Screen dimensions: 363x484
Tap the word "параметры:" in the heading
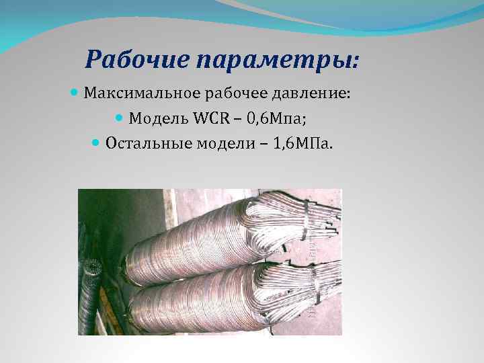(278, 61)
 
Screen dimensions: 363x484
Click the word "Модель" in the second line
(157, 119)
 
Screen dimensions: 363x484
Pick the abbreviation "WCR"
(212, 119)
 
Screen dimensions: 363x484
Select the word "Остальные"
(145, 143)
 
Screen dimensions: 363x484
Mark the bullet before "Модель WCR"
(120, 118)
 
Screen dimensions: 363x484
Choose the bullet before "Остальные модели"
(95, 143)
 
